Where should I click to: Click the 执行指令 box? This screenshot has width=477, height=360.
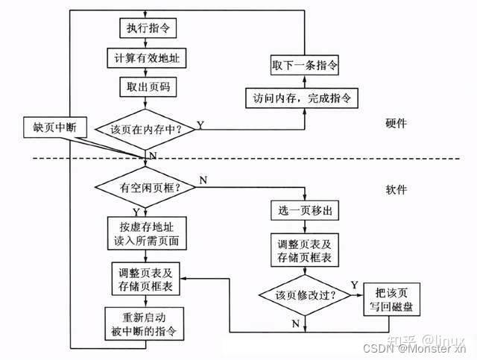click(147, 28)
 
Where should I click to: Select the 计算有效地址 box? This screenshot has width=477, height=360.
click(147, 57)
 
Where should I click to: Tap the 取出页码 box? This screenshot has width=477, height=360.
click(147, 86)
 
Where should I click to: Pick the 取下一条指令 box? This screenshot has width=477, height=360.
click(305, 66)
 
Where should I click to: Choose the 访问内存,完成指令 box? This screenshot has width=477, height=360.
click(305, 98)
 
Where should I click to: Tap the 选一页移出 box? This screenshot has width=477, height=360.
click(306, 211)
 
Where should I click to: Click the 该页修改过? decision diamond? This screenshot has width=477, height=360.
click(306, 294)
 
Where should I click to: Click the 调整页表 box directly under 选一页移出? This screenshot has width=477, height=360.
click(306, 251)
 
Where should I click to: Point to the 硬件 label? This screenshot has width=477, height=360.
click(397, 124)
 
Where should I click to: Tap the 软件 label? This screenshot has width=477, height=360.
click(397, 190)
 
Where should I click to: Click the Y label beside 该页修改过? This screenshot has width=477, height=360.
click(354, 285)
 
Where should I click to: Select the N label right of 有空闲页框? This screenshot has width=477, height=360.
click(203, 180)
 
